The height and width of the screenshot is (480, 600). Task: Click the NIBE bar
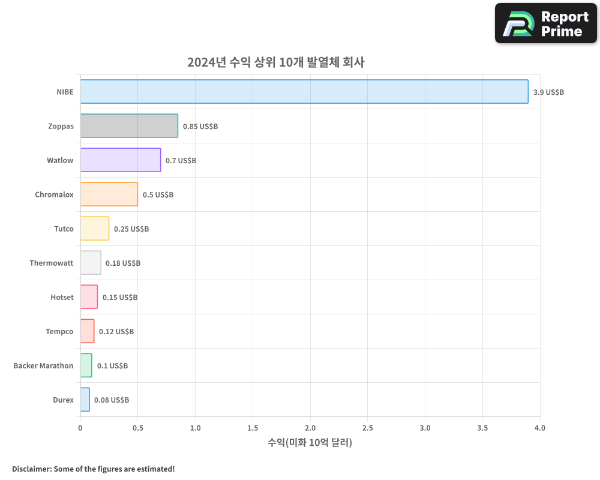(304, 92)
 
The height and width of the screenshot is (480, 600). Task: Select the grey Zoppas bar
(129, 126)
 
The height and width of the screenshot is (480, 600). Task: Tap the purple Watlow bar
(121, 160)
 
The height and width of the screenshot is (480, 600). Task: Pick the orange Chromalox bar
(109, 194)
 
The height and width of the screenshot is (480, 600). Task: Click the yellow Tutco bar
(95, 229)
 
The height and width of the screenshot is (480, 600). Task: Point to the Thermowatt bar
(91, 263)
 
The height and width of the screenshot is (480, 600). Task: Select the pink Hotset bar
(89, 297)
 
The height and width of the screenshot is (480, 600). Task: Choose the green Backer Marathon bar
(86, 365)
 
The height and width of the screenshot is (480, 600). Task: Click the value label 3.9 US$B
(548, 92)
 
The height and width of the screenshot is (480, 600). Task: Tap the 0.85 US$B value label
(200, 127)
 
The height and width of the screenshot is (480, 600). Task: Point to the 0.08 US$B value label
(112, 400)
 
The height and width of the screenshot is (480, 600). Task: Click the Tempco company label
(59, 332)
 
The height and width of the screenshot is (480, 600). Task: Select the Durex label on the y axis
(63, 400)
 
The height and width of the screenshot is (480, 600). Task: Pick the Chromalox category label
(54, 195)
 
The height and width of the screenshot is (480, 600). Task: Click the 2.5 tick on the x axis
(368, 428)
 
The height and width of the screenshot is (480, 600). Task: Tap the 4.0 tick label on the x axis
(540, 428)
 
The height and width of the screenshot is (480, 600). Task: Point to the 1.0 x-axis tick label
(195, 428)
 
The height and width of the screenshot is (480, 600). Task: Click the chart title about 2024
(276, 62)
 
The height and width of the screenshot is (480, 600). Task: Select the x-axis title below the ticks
(310, 443)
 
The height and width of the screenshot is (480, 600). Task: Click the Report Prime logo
(546, 23)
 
